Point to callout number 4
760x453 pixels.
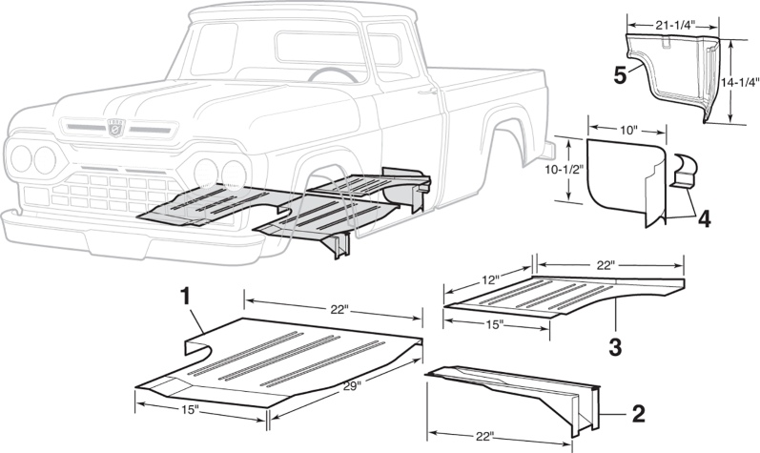coord(703,218)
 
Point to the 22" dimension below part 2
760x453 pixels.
coord(484,436)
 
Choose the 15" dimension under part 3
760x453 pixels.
coord(496,325)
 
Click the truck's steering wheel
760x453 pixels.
coord(328,74)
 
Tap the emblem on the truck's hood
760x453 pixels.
coord(115,127)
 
